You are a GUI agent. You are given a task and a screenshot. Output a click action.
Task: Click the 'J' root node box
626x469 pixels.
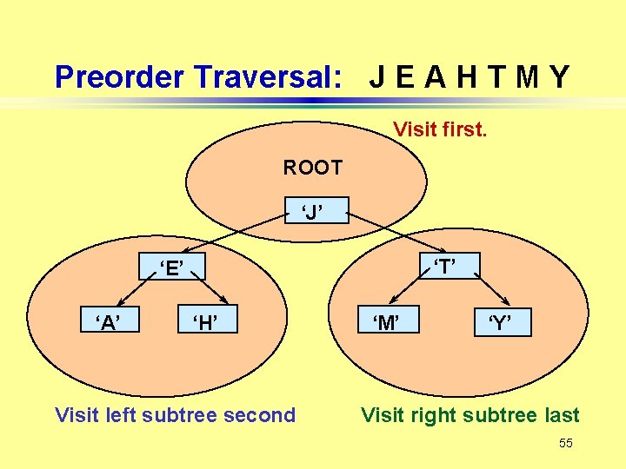coord(313,210)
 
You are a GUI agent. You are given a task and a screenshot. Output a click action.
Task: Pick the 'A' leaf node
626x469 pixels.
coord(108,323)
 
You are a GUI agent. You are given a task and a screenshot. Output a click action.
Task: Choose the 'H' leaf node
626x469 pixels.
coord(205,323)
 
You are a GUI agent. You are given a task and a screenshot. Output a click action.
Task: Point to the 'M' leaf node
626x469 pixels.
coord(387,323)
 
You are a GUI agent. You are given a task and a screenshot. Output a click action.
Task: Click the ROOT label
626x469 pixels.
coord(312,167)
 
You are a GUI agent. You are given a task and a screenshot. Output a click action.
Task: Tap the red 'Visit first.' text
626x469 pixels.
coord(440,130)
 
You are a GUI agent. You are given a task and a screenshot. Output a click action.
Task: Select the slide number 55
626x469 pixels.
coord(566,444)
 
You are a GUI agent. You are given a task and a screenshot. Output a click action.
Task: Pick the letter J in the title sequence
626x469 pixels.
coord(378,77)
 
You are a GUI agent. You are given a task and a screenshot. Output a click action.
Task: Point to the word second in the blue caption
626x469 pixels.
coord(261,415)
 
